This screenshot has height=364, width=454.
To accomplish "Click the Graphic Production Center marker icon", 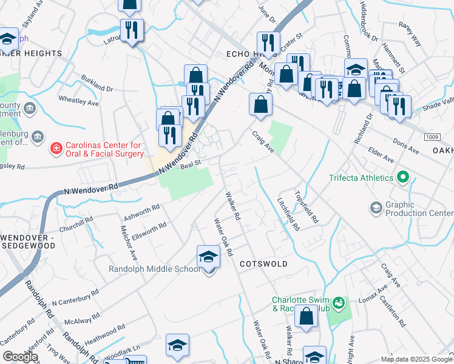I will tap(376, 209).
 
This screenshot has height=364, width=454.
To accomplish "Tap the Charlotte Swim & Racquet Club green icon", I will tap(339, 302).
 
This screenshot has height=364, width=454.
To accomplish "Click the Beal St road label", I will tap(189, 162).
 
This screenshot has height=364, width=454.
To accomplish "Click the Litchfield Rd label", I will tap(289, 215).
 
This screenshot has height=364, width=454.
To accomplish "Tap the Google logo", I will tap(20, 357).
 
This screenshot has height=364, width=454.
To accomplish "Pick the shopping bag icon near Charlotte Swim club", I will tap(307, 316).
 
